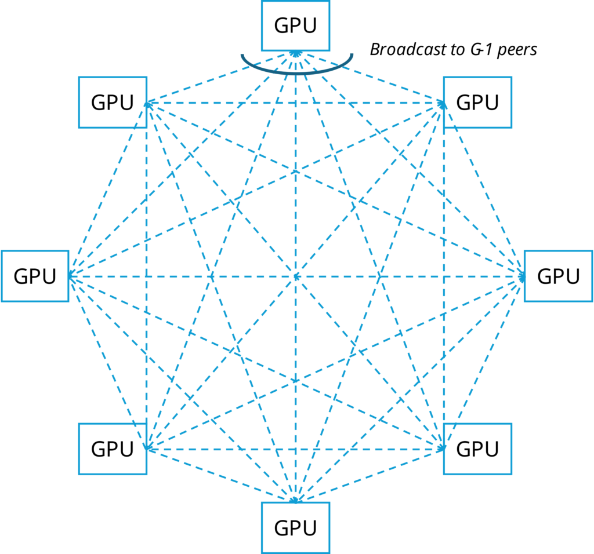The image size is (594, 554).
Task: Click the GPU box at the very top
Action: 295,25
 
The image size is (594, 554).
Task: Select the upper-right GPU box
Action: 477,102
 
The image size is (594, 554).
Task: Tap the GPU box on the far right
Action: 558,276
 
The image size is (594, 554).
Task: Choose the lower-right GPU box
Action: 477,449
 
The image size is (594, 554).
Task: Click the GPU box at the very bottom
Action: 295,527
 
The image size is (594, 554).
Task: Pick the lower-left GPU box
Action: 113,449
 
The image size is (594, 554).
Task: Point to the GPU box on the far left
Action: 35,276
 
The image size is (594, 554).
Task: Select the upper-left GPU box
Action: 113,102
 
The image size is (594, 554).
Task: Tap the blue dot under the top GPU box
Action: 296,54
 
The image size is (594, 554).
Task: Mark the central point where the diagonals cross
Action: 296,277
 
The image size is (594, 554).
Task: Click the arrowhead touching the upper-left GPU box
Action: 148,103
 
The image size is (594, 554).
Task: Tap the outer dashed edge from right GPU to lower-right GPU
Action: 484,362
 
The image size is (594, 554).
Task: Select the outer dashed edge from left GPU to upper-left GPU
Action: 108,189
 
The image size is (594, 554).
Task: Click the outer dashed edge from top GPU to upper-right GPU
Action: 371,78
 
